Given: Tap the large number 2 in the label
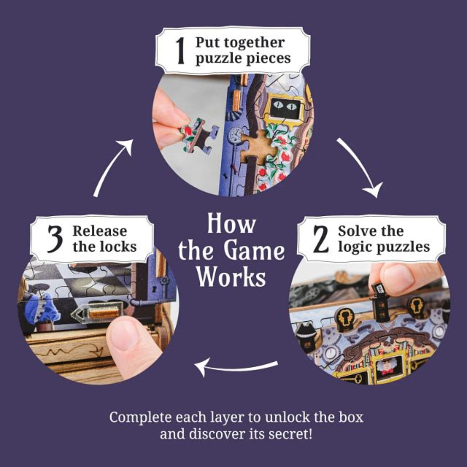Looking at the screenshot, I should [x=321, y=239].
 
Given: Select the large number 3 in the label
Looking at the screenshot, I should [x=55, y=239].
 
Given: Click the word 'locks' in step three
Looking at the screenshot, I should [x=120, y=247].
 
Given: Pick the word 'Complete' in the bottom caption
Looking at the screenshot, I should [x=140, y=417].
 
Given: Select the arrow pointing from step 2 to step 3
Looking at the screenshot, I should [x=236, y=366].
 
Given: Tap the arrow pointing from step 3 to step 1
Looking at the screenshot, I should [x=112, y=166].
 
